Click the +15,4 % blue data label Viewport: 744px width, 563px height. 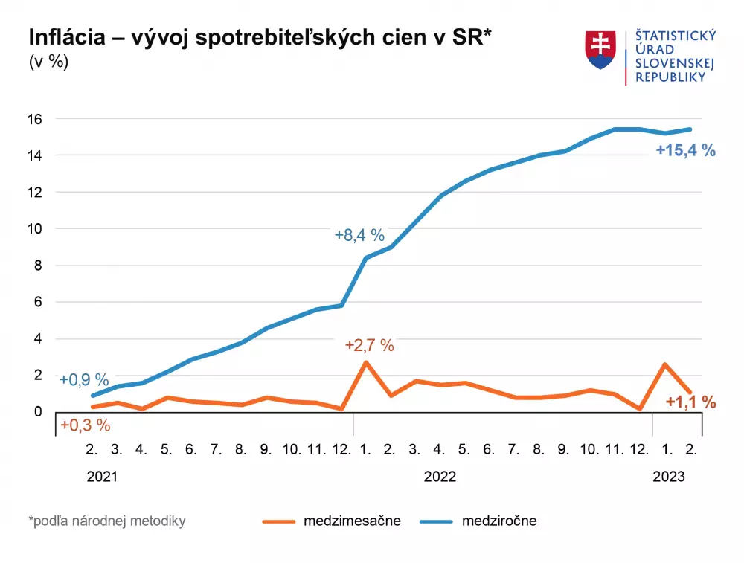click(x=685, y=151)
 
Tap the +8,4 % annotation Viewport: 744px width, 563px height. click(x=359, y=236)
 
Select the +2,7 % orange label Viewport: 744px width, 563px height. click(x=369, y=345)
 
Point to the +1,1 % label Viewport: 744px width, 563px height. click(x=690, y=402)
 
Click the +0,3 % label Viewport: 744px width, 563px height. click(x=85, y=425)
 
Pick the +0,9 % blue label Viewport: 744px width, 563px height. click(x=84, y=380)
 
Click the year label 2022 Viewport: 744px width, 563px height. click(x=440, y=477)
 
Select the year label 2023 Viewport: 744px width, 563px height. click(x=669, y=477)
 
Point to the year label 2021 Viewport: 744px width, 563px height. click(x=102, y=477)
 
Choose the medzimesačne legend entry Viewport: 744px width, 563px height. click(x=352, y=521)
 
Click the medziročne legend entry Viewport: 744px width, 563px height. click(x=498, y=521)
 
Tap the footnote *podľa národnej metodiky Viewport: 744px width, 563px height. click(x=107, y=521)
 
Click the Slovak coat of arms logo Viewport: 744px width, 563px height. click(x=601, y=51)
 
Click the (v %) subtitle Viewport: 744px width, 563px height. click(x=48, y=62)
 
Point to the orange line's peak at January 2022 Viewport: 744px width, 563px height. click(x=365, y=363)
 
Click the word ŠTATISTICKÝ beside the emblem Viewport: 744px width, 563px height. click(x=675, y=36)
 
